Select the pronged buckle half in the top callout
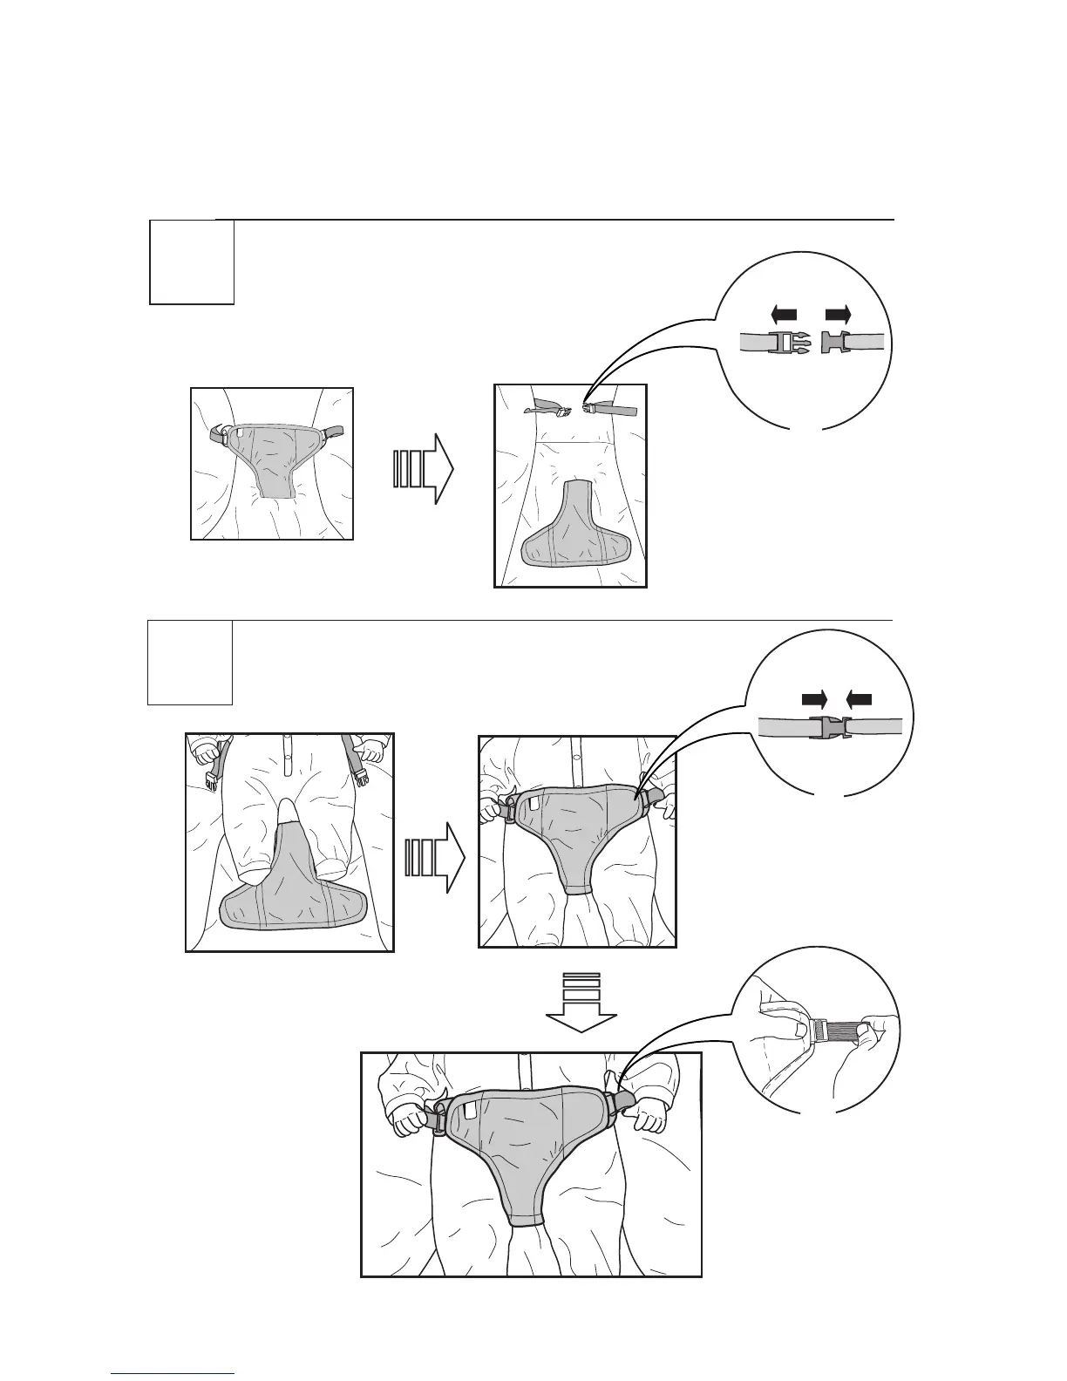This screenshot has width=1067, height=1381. (788, 343)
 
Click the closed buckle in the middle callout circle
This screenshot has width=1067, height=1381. (828, 727)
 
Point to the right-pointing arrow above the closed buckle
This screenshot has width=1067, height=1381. (814, 697)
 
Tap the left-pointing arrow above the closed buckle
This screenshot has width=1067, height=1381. (860, 697)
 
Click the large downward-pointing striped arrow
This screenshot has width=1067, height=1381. (580, 1002)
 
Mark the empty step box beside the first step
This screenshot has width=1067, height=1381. (192, 262)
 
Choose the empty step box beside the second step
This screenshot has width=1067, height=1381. (190, 662)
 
